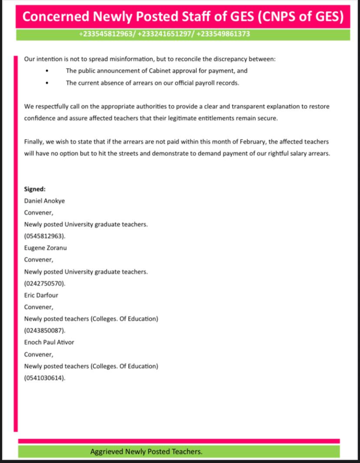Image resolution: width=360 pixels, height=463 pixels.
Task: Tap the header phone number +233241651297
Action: [x=165, y=34]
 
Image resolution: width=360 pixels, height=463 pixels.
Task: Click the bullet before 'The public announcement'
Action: [x=47, y=71]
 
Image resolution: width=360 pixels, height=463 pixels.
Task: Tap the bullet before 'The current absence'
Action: [x=47, y=83]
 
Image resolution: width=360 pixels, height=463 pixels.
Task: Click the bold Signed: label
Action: [x=35, y=189]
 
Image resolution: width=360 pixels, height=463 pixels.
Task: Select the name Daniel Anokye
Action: [x=44, y=201]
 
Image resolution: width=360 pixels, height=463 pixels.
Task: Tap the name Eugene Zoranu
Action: [x=45, y=248]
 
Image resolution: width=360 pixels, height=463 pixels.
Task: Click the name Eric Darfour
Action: [x=41, y=295]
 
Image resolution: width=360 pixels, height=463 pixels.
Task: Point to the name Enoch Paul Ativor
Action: [x=49, y=342]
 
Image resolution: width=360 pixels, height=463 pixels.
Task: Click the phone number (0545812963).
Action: [x=45, y=236]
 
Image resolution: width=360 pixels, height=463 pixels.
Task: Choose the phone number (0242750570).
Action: [x=45, y=283]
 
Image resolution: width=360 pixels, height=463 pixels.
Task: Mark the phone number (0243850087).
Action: [x=45, y=330]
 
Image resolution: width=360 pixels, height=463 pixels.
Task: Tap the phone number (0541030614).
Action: [x=45, y=378]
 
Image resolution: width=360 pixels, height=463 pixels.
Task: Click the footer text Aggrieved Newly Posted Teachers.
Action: [x=146, y=451]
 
